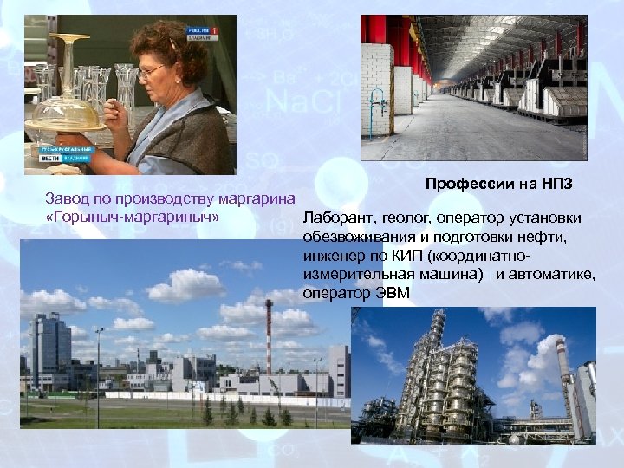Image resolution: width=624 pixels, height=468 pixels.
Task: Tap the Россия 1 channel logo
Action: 203,30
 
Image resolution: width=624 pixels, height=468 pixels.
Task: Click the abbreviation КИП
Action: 394,256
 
